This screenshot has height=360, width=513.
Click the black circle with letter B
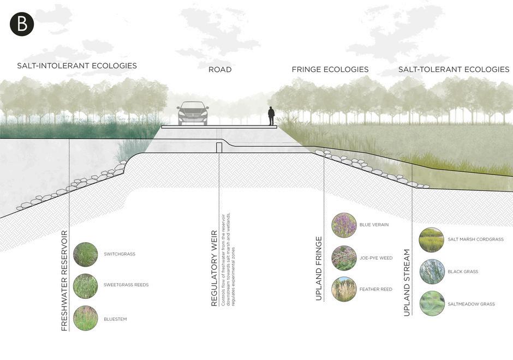pyautogui.click(x=22, y=24)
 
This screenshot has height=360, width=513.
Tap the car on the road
pyautogui.click(x=193, y=113)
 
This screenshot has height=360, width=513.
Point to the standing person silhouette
pyautogui.click(x=271, y=116)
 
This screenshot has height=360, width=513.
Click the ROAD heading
pyautogui.click(x=220, y=70)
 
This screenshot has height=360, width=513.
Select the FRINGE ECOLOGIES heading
pyautogui.click(x=330, y=70)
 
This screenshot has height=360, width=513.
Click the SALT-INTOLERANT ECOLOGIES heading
pyautogui.click(x=77, y=66)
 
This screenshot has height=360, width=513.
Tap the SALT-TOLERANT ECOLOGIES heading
pyautogui.click(x=454, y=70)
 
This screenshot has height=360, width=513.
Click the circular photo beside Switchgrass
pyautogui.click(x=85, y=254)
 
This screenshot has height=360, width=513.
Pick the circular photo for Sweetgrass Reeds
pyautogui.click(x=85, y=285)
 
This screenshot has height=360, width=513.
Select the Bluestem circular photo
pyautogui.click(x=85, y=319)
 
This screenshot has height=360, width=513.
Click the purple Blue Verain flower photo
pyautogui.click(x=344, y=225)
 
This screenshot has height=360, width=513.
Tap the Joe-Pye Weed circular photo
pyautogui.click(x=344, y=258)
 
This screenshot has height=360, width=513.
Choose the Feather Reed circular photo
pyautogui.click(x=344, y=290)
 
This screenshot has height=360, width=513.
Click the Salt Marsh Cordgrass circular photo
pyautogui.click(x=432, y=240)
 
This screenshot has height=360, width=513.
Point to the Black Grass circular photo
pyautogui.click(x=432, y=272)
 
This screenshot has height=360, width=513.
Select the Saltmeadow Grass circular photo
pyautogui.click(x=432, y=304)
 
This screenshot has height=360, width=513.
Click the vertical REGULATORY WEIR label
pyautogui.click(x=214, y=268)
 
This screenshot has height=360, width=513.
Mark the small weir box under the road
pyautogui.click(x=219, y=147)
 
